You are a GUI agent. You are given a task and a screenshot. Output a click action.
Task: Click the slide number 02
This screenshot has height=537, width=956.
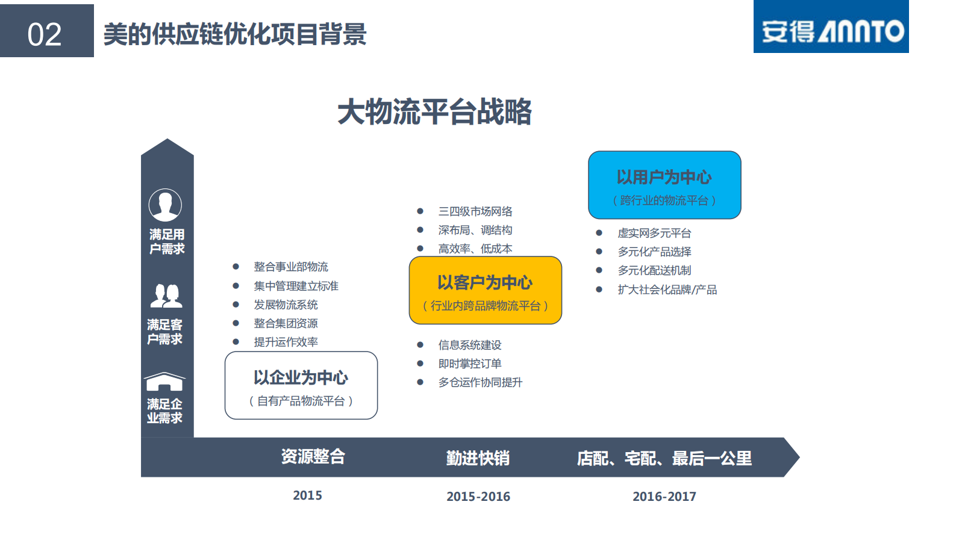pos(45,34)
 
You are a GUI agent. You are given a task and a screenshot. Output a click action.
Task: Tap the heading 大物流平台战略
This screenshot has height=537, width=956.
pos(434,112)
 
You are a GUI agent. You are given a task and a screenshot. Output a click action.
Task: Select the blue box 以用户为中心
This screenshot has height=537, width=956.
pos(664,185)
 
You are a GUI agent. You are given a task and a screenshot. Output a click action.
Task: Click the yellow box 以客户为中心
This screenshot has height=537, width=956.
pos(485,290)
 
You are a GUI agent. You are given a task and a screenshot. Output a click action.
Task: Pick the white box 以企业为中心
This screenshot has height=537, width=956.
pos(301,385)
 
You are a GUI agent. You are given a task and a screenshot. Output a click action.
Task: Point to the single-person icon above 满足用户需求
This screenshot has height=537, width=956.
pos(165,205)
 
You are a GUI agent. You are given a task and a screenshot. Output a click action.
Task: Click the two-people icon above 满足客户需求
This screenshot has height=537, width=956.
pos(166,296)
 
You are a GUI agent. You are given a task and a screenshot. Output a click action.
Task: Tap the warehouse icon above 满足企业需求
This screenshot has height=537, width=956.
pos(164,382)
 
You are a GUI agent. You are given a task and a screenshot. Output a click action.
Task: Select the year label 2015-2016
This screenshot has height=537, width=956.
pos(478,497)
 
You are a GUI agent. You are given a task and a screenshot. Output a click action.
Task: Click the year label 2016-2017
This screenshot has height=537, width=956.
pos(664,497)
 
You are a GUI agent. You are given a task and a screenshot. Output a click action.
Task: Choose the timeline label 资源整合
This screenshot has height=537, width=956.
pos(313,457)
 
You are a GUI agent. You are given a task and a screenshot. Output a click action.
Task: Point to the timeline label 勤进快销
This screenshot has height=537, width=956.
pos(478,458)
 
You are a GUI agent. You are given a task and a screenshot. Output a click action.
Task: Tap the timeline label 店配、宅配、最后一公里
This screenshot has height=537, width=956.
pos(664,458)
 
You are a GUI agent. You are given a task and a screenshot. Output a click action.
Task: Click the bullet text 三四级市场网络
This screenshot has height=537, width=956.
pos(475,211)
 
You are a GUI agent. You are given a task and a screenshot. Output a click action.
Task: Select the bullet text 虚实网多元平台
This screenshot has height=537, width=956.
pos(654,233)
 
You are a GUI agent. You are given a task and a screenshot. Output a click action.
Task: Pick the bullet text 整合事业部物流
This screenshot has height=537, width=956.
pos(291,267)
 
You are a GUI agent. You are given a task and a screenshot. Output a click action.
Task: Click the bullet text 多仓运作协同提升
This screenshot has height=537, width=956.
pos(480,382)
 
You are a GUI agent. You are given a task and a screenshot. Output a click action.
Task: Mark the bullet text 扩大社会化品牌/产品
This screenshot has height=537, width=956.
pos(667,290)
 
